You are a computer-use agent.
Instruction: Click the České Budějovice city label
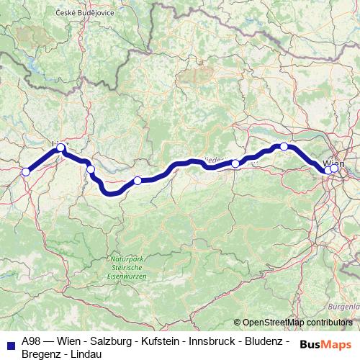tap(85, 13)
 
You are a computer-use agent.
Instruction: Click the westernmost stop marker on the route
tap(26, 171)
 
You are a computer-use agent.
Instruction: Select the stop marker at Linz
tap(61, 148)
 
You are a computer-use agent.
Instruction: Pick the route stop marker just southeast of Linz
tap(91, 169)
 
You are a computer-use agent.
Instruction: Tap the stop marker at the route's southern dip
tap(138, 181)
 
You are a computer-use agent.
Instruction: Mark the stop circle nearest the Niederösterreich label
tap(235, 163)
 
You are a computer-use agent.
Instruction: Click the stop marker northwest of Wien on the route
tap(284, 146)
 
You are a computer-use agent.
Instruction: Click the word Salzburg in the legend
tap(111, 341)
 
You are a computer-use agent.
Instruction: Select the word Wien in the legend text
tap(74, 341)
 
